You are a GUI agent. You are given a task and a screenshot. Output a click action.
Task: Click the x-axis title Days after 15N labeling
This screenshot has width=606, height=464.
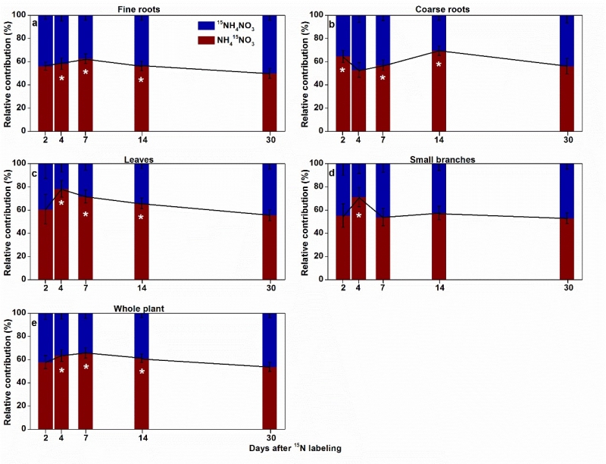(x=295, y=449)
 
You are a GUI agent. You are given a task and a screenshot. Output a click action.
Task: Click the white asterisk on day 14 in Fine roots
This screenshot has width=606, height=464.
(x=141, y=80)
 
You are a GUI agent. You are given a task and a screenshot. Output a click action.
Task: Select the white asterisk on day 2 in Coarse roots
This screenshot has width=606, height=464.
(x=342, y=71)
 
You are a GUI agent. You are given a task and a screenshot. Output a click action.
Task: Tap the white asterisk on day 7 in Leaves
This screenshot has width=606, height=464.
(x=86, y=215)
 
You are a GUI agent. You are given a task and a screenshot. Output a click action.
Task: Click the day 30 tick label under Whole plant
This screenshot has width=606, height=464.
(x=270, y=438)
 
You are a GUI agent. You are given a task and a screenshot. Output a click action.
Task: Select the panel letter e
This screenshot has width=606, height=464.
(x=35, y=321)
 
